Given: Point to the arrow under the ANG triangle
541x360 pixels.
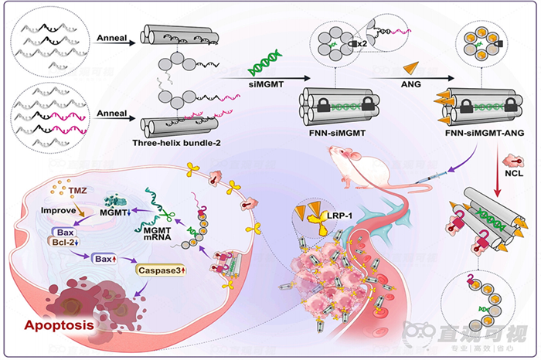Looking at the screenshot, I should point(411,76).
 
